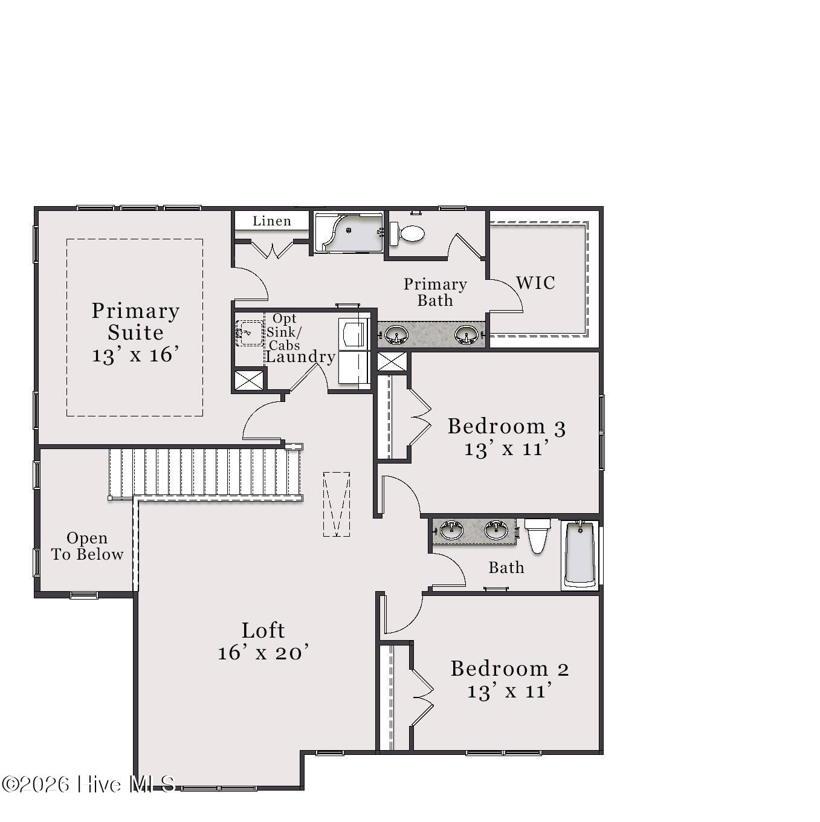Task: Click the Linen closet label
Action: pyautogui.click(x=272, y=221)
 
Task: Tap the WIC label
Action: pyautogui.click(x=535, y=282)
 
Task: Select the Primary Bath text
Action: pyautogui.click(x=435, y=292)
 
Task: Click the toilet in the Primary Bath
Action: pyautogui.click(x=407, y=234)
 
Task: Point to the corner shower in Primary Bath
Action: pyautogui.click(x=349, y=233)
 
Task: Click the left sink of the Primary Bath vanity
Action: pyautogui.click(x=396, y=335)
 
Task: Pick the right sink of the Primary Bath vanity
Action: pyautogui.click(x=466, y=335)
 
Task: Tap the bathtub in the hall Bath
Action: pyautogui.click(x=580, y=554)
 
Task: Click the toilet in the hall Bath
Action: pyautogui.click(x=538, y=536)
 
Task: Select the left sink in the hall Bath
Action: pyautogui.click(x=451, y=530)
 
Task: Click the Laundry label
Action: pyautogui.click(x=301, y=357)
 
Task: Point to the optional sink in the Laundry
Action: pyautogui.click(x=249, y=333)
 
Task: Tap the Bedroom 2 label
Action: pyautogui.click(x=510, y=668)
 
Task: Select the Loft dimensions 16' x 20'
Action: pyautogui.click(x=263, y=653)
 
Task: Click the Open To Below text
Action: pyautogui.click(x=88, y=546)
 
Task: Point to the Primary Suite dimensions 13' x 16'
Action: pyautogui.click(x=136, y=355)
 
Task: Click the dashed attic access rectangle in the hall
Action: pyautogui.click(x=337, y=504)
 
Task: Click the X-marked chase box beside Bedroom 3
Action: pyautogui.click(x=392, y=361)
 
